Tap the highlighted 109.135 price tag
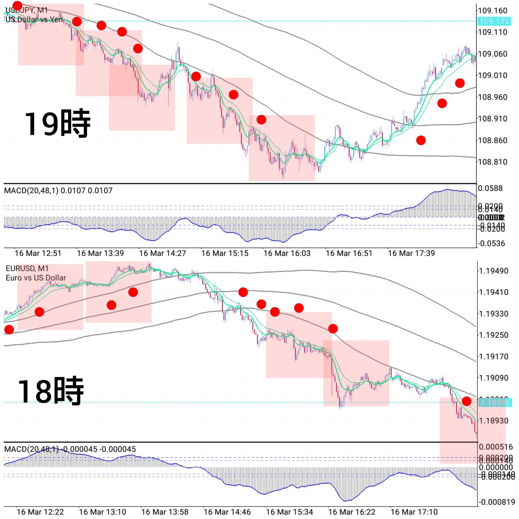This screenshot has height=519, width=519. coord(493,21)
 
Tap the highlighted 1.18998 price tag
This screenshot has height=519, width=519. coord(493,402)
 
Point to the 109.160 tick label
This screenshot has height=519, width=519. coord(492,11)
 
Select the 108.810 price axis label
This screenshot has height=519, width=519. coord(492,162)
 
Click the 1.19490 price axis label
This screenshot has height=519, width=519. coord(493,271)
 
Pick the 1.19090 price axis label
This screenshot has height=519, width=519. coord(493,378)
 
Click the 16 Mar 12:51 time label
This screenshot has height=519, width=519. coord(38,253)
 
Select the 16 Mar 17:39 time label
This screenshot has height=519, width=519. coord(411,253)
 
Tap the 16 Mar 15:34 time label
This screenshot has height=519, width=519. coord(289,512)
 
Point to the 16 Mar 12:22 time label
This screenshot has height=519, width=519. coord(40,512)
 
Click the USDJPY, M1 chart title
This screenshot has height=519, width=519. coord(27,10)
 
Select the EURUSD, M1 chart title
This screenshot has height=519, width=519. coord(27,268)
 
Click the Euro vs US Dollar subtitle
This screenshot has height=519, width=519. coord(36,278)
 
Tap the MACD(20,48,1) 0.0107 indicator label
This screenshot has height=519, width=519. coord(58,191)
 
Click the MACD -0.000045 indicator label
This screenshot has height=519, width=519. coord(70,449)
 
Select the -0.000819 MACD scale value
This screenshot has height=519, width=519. coord(496,502)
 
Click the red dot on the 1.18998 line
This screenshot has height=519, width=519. coord(467,401)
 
